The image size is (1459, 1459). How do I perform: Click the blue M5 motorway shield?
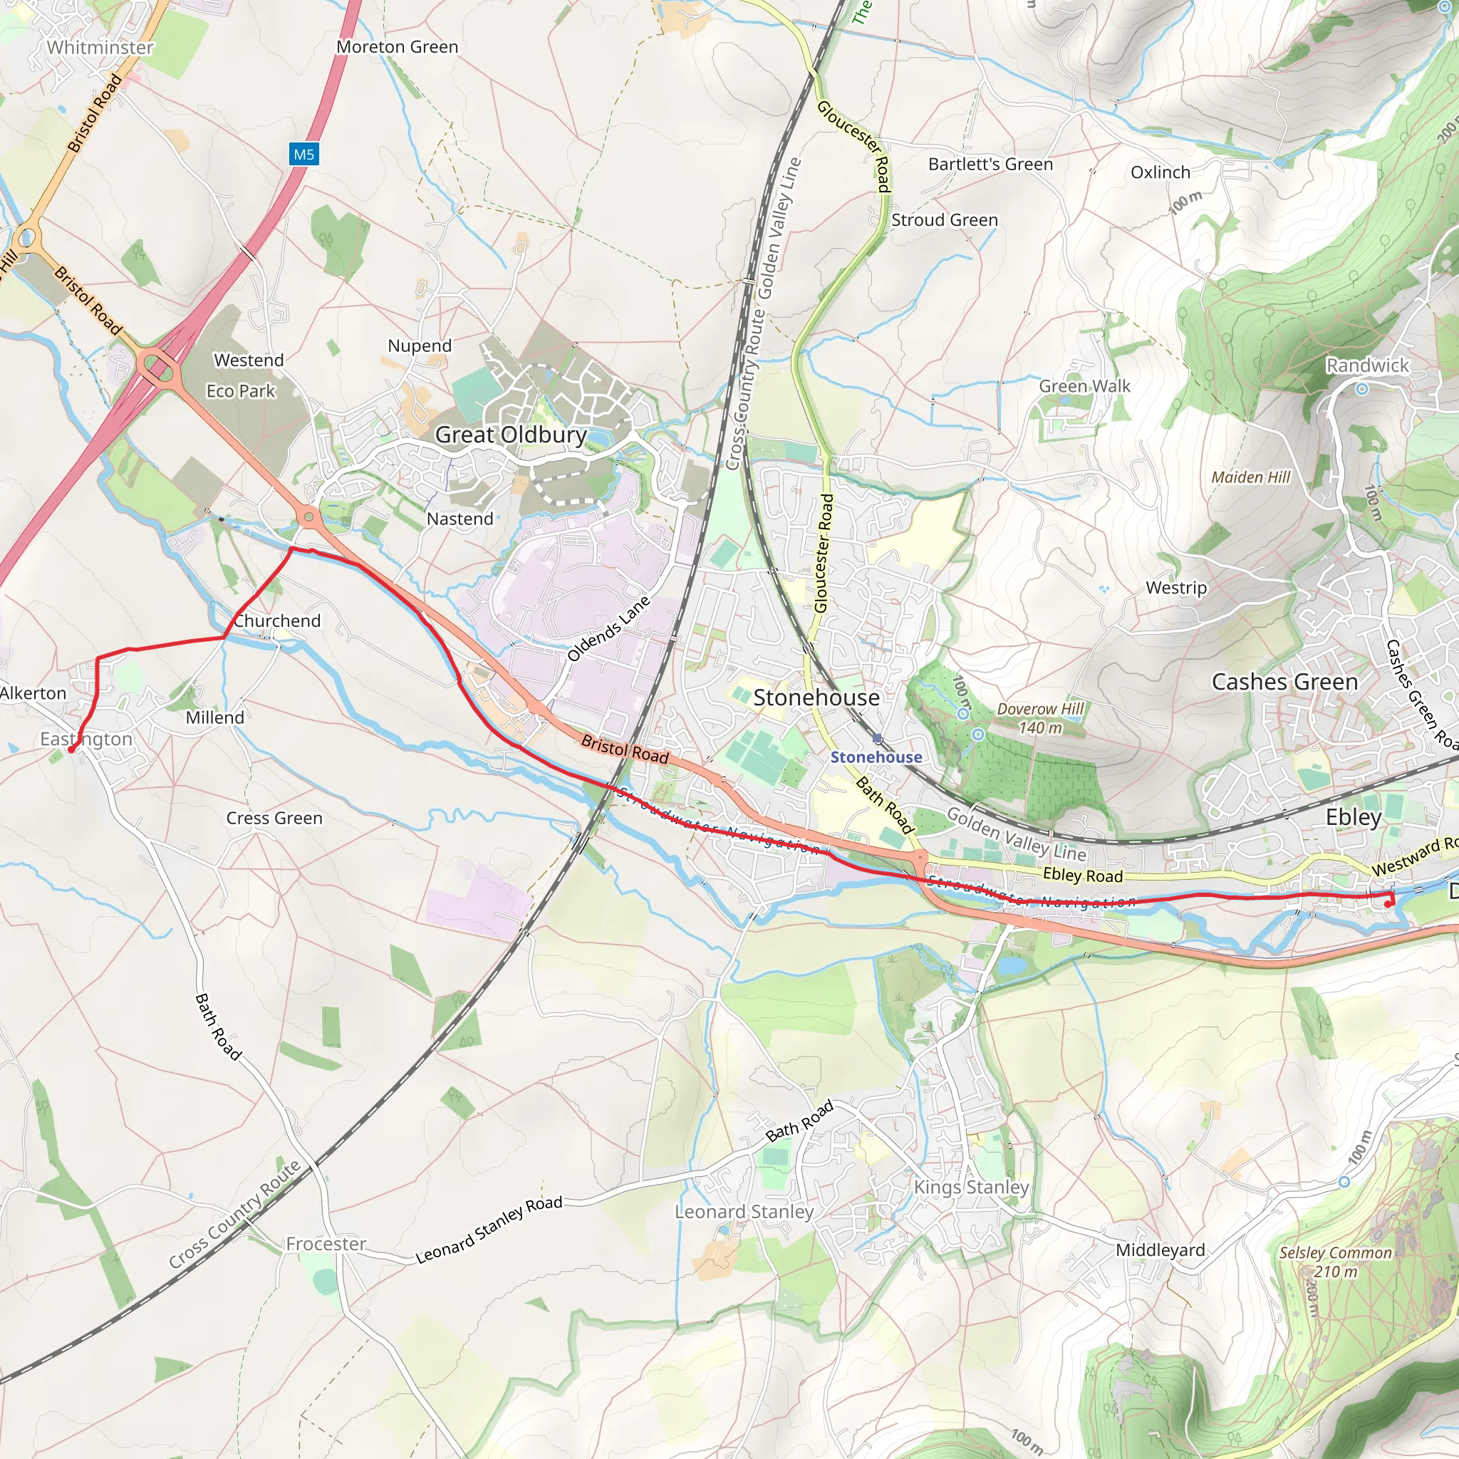coord(303,155)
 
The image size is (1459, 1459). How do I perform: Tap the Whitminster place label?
coord(100,48)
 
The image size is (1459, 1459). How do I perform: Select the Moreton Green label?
coord(398,47)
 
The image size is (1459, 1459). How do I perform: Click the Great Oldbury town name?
coord(511,435)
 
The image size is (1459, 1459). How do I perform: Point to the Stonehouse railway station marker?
coord(877,739)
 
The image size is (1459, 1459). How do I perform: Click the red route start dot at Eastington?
coord(72,749)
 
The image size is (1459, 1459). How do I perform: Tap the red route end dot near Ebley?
coord(1388,904)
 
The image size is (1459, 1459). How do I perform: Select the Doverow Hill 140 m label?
coord(1040,718)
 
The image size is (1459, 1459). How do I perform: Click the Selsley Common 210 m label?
coord(1335,1262)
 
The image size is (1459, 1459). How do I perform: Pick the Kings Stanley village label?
coord(971,1187)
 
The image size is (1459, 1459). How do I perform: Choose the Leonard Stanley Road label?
coord(489,1230)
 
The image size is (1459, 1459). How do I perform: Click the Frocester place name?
coord(326,1244)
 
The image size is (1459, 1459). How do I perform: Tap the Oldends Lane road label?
coord(608,629)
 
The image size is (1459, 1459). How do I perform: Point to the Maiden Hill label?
coord(1250,477)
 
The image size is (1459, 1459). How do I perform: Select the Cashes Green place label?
coord(1284,682)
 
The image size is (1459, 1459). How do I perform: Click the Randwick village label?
coord(1367,365)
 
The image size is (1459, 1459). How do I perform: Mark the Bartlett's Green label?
coord(990,165)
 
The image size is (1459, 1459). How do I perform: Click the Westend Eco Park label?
coord(244,375)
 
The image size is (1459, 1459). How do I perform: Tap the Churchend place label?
coord(277,621)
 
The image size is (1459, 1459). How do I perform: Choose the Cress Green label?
coord(274,818)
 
